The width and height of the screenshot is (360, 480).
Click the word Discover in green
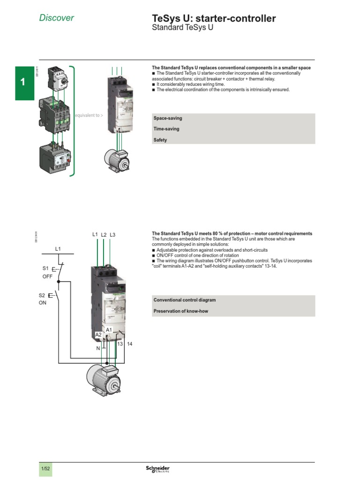pos(56,18)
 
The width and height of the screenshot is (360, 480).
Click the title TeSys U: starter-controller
pos(214,19)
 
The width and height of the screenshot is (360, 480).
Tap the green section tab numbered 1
pos(22,82)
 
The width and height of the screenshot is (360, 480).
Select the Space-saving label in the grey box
pos(167,119)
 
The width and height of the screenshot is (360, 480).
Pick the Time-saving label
pos(166,129)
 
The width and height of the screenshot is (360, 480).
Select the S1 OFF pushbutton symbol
pos(56,270)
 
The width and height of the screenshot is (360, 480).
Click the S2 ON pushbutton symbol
pos(56,296)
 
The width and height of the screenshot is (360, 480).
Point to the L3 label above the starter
pos(112,234)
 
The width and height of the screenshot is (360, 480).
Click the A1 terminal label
pos(109,330)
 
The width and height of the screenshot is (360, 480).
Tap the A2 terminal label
pos(98,335)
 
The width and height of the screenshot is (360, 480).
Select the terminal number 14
pos(130,344)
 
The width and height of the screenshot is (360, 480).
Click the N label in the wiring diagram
pos(98,349)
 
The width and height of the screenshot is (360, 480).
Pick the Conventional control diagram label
pos(185,300)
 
